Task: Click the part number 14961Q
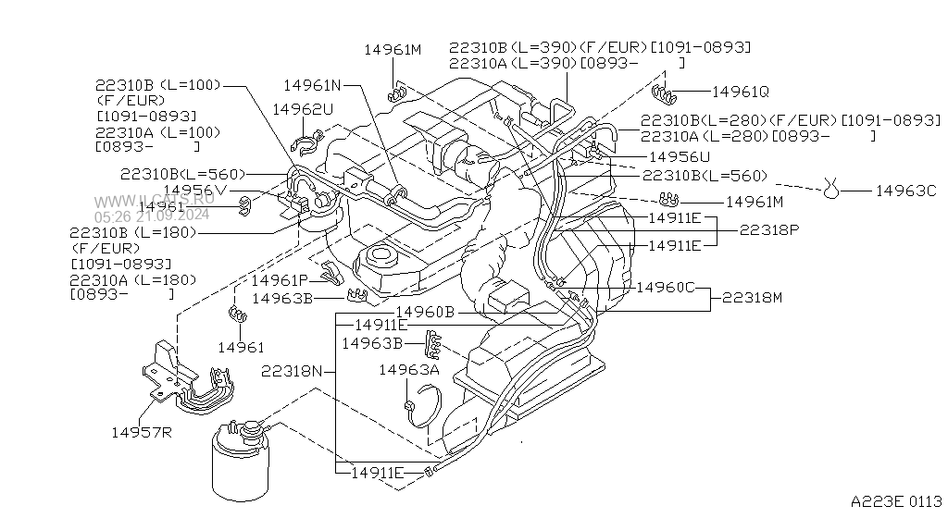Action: coord(741,92)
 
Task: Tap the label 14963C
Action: coord(906,191)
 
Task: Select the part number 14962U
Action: coord(302,109)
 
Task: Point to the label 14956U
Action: coord(680,157)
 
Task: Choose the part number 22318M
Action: coord(752,298)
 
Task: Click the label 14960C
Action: coord(666,287)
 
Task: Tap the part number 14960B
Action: coord(425,312)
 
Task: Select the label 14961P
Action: coord(279,280)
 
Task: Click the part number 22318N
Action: coord(292,371)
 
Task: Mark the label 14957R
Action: coord(143,432)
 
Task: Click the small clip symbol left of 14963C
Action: coord(831,191)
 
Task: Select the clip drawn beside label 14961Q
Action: coord(665,92)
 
